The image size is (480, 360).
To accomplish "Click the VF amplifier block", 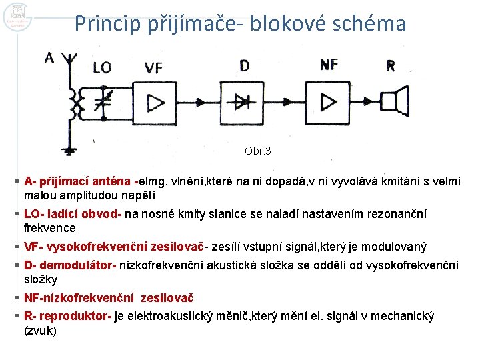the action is (x=155, y=102).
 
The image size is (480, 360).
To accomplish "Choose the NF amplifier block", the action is (x=329, y=102).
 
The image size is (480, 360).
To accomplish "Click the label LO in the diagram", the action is (x=102, y=67).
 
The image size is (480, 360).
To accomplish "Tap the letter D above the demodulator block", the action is (x=244, y=65).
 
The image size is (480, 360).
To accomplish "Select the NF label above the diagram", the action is (x=329, y=64).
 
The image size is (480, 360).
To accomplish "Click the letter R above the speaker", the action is (x=390, y=65).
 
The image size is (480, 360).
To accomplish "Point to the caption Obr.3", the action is (x=258, y=151).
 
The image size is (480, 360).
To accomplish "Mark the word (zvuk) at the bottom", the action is (x=41, y=330).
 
